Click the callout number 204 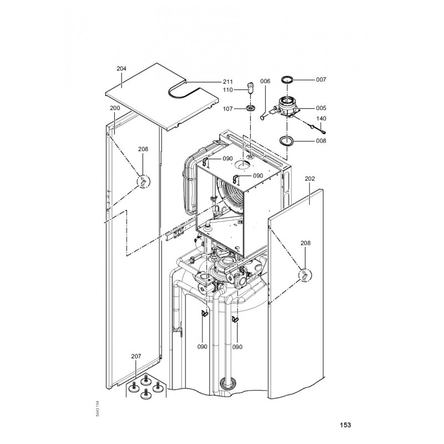click(122, 68)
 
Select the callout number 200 click(115, 108)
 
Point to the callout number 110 click(229, 89)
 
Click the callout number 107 click(229, 108)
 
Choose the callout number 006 click(265, 81)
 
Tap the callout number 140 click(321, 119)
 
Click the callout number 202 click(310, 179)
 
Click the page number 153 click(345, 426)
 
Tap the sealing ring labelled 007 click(287, 79)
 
